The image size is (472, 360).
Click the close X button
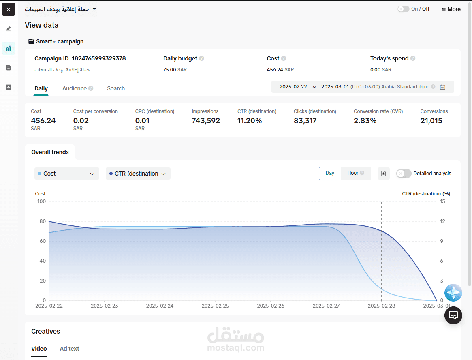pyautogui.click(x=9, y=9)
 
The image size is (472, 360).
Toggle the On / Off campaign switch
pyautogui.click(x=403, y=9)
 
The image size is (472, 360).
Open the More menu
pyautogui.click(x=451, y=9)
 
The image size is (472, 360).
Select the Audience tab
pyautogui.click(x=75, y=88)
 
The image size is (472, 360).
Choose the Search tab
pyautogui.click(x=116, y=88)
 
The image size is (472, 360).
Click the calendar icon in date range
pyautogui.click(x=442, y=87)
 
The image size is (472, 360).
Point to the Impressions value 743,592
pyautogui.click(x=206, y=121)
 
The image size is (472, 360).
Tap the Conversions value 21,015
pyautogui.click(x=431, y=121)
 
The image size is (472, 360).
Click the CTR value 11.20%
pyautogui.click(x=250, y=121)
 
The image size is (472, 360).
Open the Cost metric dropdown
pyautogui.click(x=67, y=174)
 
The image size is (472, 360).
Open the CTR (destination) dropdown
pyautogui.click(x=138, y=174)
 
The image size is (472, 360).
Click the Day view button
pyautogui.click(x=330, y=173)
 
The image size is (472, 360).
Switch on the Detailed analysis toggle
pyautogui.click(x=404, y=174)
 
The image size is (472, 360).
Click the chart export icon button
pyautogui.click(x=384, y=174)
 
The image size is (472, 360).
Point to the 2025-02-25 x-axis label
pyautogui.click(x=215, y=306)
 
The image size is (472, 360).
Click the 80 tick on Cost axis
pyautogui.click(x=42, y=221)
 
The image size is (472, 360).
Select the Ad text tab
pyautogui.click(x=69, y=349)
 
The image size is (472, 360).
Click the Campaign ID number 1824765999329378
pyautogui.click(x=99, y=58)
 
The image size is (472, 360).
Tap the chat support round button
pyautogui.click(x=453, y=315)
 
